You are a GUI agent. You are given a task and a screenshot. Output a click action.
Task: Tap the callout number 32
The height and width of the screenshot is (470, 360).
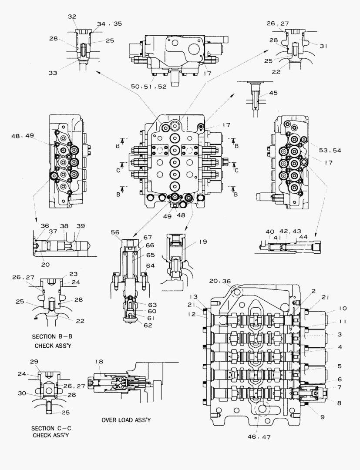72,16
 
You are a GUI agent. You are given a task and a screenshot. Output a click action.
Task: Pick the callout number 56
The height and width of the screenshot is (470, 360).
115,233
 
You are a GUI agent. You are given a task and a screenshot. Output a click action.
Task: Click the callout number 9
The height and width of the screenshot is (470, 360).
323,417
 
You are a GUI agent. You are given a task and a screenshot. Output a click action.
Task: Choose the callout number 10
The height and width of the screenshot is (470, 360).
342,309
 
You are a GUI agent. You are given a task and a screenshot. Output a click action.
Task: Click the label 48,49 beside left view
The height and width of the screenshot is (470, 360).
23,136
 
